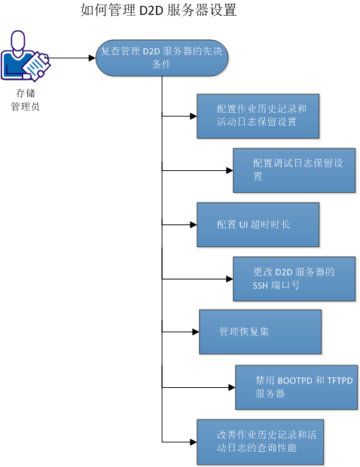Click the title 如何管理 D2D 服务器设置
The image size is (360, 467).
pyautogui.click(x=158, y=11)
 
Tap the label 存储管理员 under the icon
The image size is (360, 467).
pyautogui.click(x=24, y=99)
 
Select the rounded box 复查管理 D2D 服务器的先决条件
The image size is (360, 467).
pyautogui.click(x=162, y=57)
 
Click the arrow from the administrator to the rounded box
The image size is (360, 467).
pyautogui.click(x=72, y=57)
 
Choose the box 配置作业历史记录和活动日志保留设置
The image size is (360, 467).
pyautogui.click(x=258, y=116)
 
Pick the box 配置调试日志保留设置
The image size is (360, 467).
pyautogui.click(x=294, y=170)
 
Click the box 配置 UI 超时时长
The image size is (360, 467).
pyautogui.click(x=258, y=224)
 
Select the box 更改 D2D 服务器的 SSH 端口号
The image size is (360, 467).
pyautogui.click(x=294, y=279)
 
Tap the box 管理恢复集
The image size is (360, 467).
pyautogui.click(x=260, y=331)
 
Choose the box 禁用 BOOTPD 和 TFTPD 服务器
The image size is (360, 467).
pyautogui.click(x=295, y=387)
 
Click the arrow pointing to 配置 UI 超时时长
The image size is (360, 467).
pyautogui.click(x=179, y=224)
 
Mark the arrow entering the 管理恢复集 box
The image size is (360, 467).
pyautogui.click(x=181, y=331)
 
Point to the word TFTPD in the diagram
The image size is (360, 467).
pyautogui.click(x=337, y=380)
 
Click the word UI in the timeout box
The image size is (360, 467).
pyautogui.click(x=243, y=224)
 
